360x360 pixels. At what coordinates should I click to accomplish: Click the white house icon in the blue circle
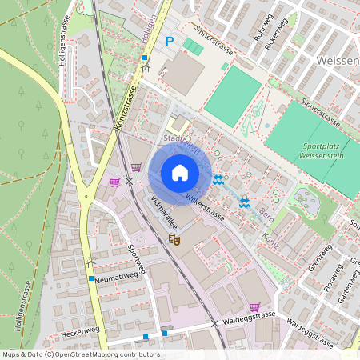[x=180, y=173]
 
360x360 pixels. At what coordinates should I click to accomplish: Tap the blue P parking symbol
[x=169, y=42]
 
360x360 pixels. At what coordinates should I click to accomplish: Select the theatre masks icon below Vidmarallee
[x=174, y=238]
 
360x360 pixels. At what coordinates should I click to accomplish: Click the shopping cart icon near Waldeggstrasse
[x=255, y=306]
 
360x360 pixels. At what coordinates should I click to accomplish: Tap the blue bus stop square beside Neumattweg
[x=91, y=278]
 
